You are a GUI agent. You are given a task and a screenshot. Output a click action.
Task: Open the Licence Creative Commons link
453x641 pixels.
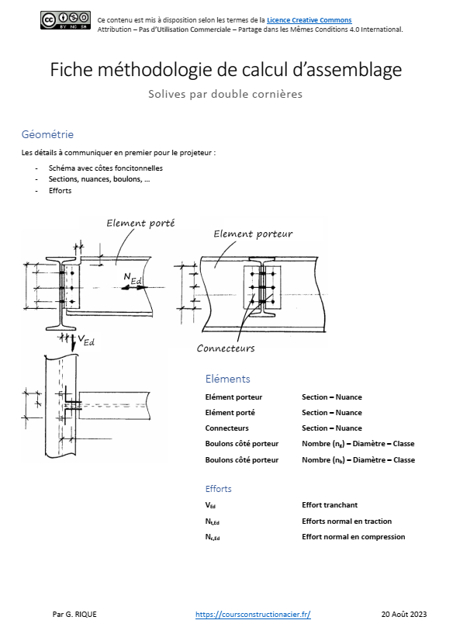pyautogui.click(x=309, y=20)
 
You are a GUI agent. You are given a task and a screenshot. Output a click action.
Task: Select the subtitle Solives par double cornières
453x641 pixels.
pyautogui.click(x=226, y=95)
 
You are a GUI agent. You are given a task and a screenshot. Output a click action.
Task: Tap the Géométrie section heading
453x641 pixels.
pyautogui.click(x=47, y=134)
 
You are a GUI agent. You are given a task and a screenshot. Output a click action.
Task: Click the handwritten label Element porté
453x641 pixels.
pyautogui.click(x=140, y=223)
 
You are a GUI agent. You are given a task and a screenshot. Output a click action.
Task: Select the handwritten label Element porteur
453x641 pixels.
pyautogui.click(x=253, y=234)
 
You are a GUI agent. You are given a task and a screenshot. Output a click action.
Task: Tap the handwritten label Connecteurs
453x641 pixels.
pyautogui.click(x=225, y=348)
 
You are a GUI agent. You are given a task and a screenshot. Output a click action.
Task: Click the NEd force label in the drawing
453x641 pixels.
pyautogui.click(x=132, y=279)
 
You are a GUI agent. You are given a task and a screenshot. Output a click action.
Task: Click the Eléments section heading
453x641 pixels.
pyautogui.click(x=227, y=379)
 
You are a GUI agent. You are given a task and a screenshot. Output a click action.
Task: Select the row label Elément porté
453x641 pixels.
pyautogui.click(x=230, y=413)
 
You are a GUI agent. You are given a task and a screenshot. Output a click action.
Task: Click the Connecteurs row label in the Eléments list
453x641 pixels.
pyautogui.click(x=226, y=428)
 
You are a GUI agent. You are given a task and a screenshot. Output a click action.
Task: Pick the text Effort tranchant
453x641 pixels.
pyautogui.click(x=329, y=505)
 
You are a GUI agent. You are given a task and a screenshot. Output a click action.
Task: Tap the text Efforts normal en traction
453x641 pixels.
pyautogui.click(x=347, y=521)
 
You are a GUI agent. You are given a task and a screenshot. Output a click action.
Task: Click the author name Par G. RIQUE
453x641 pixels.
pyautogui.click(x=74, y=614)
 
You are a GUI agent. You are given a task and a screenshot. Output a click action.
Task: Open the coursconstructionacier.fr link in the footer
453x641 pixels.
pyautogui.click(x=253, y=614)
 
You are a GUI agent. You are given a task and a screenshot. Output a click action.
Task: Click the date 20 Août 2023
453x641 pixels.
pyautogui.click(x=404, y=614)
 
